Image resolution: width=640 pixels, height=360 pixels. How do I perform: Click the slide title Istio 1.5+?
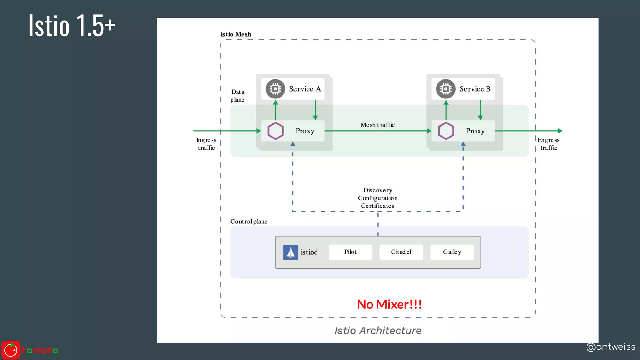click(x=72, y=26)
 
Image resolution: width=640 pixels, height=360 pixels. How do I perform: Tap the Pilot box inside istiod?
click(x=350, y=252)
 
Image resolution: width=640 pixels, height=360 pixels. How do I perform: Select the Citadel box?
click(x=401, y=252)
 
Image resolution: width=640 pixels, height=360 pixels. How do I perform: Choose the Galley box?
click(x=452, y=252)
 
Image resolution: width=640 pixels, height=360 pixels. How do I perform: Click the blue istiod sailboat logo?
click(x=291, y=252)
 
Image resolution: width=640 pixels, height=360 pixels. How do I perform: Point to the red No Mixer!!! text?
click(x=389, y=304)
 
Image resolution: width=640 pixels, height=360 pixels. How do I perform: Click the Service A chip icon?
click(x=275, y=89)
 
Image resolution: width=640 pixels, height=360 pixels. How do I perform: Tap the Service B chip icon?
click(x=446, y=89)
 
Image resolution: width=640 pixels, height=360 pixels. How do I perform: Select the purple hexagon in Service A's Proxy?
click(x=276, y=131)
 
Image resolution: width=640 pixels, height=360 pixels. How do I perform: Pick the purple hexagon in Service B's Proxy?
click(x=446, y=131)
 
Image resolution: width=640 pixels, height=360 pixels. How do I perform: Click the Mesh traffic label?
click(x=377, y=125)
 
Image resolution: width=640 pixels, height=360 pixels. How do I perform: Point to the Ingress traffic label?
click(x=206, y=144)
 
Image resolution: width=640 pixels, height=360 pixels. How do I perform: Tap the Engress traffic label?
click(x=548, y=144)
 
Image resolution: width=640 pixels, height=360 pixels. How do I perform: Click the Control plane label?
click(x=249, y=222)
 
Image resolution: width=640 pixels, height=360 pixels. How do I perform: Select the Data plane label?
click(x=237, y=96)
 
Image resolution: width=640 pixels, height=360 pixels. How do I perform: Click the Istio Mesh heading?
click(x=236, y=34)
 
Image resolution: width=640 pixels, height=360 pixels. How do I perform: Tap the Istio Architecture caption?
click(x=378, y=331)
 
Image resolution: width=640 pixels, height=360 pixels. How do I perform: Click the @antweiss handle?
click(x=611, y=347)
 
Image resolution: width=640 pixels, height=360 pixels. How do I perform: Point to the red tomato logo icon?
click(x=11, y=350)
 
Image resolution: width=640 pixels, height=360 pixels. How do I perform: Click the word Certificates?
click(x=377, y=206)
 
